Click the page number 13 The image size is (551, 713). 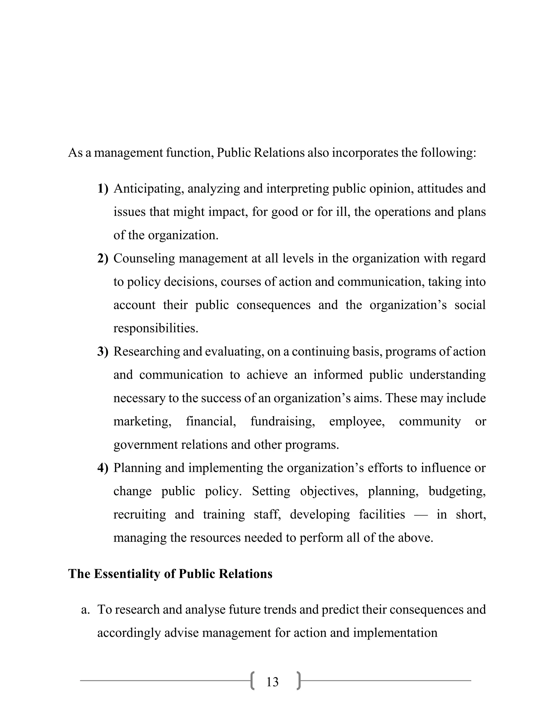click(272, 682)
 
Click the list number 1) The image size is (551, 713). click(103, 189)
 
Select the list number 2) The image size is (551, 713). click(103, 259)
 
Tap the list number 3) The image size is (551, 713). click(103, 352)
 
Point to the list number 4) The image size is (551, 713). click(103, 468)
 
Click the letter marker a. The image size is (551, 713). click(85, 609)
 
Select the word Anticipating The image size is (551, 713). click(148, 189)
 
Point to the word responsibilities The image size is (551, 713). click(156, 328)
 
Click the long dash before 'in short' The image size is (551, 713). click(421, 515)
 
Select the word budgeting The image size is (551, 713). click(457, 491)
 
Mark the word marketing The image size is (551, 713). click(142, 421)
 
